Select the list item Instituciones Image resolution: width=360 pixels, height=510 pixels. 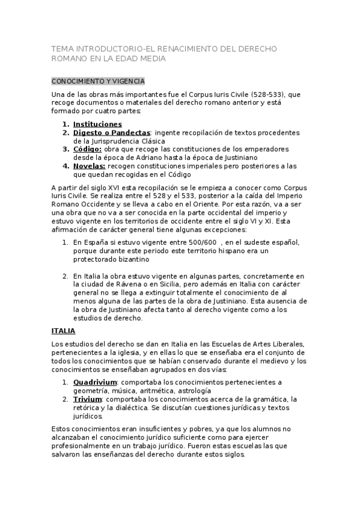97,124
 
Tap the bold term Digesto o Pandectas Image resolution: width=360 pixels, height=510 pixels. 112,132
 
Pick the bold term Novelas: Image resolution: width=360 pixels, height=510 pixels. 90,165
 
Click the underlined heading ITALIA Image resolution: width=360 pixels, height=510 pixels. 64,331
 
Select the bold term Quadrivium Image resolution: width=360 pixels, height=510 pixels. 95,382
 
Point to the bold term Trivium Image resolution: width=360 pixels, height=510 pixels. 88,399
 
